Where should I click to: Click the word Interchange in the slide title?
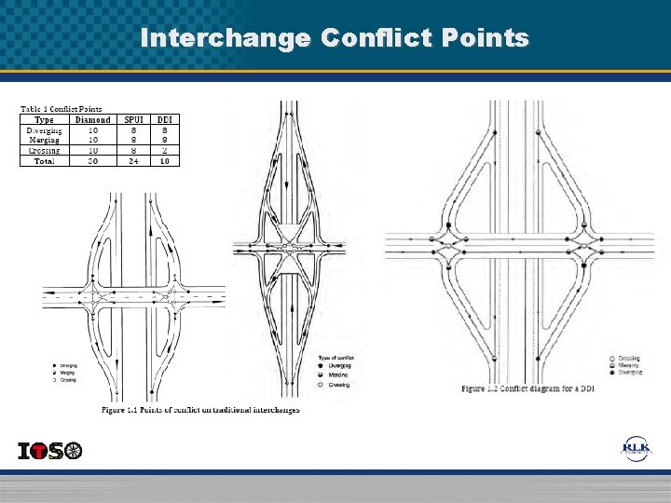click(224, 38)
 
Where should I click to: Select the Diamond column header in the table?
click(92, 119)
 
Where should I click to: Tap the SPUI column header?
click(134, 119)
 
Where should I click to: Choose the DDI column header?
click(164, 119)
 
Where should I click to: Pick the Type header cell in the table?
click(44, 119)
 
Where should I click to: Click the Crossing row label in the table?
click(44, 150)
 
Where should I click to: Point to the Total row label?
click(44, 160)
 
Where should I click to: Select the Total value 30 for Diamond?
click(92, 160)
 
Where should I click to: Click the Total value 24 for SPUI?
click(134, 160)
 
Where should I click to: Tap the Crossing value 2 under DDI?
click(164, 150)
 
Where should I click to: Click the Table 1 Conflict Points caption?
click(62, 109)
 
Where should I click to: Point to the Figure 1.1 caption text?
click(200, 410)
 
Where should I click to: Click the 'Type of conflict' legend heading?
click(336, 358)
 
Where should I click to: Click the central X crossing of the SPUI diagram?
click(290, 249)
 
